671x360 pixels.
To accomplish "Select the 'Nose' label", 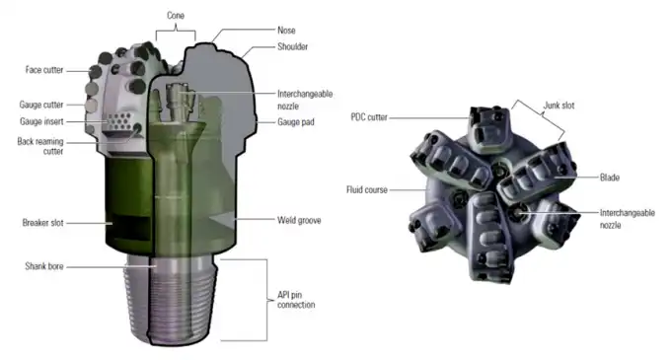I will tap(260, 31).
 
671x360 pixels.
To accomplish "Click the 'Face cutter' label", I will tap(44, 70).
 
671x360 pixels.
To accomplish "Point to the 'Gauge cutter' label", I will tap(41, 106).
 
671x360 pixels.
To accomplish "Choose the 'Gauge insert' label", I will tap(41, 123).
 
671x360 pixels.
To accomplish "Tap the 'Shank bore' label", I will tap(44, 267).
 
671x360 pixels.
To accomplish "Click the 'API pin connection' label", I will tap(297, 299).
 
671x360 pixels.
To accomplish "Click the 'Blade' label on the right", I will tap(610, 178).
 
